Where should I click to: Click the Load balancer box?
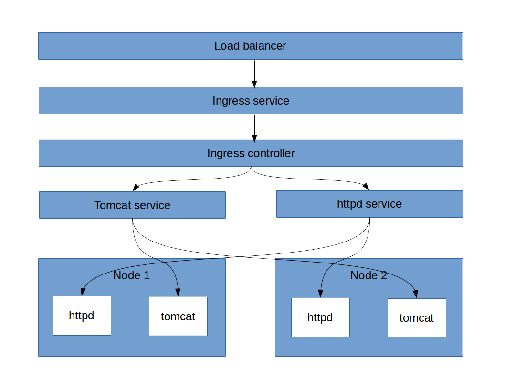click(x=250, y=46)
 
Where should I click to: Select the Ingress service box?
click(x=251, y=101)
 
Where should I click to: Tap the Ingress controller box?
click(x=251, y=153)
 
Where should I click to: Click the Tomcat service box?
click(x=132, y=205)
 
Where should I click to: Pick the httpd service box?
click(x=369, y=204)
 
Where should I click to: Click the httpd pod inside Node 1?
click(x=82, y=316)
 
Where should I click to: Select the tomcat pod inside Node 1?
click(x=178, y=316)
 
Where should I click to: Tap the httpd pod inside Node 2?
click(x=320, y=317)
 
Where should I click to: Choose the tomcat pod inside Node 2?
click(x=417, y=318)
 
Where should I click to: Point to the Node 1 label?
click(x=131, y=275)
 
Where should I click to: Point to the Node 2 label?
click(x=368, y=275)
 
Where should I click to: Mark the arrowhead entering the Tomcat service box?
click(x=136, y=187)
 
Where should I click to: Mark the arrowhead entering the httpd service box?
click(x=366, y=187)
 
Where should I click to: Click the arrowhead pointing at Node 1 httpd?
click(x=83, y=291)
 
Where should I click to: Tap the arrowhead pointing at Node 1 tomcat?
click(x=178, y=292)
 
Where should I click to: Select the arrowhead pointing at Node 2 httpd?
click(x=321, y=293)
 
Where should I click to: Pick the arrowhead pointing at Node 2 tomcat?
click(x=416, y=294)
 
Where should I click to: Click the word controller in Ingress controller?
click(x=273, y=153)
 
